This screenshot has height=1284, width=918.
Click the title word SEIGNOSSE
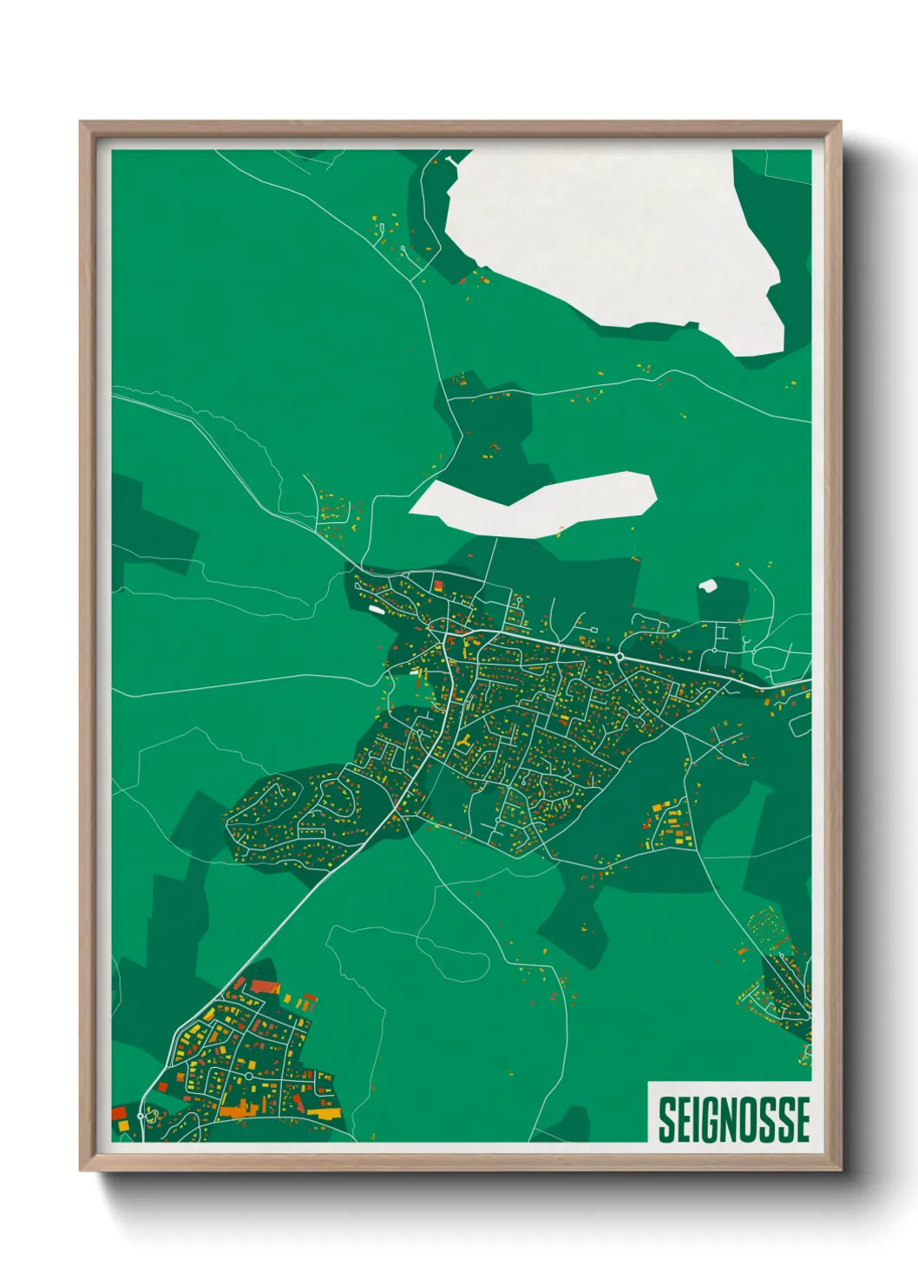pyautogui.click(x=733, y=1119)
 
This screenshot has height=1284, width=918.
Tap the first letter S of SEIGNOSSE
pyautogui.click(x=666, y=1119)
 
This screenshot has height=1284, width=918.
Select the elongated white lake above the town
pyautogui.click(x=538, y=503)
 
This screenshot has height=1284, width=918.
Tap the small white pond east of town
pyautogui.click(x=708, y=586)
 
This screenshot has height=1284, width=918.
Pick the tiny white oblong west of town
pyautogui.click(x=376, y=609)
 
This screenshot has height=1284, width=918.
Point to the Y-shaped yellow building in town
pyautogui.click(x=466, y=740)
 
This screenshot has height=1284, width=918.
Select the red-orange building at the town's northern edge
pyautogui.click(x=439, y=586)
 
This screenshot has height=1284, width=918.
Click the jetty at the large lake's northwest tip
pyautogui.click(x=452, y=160)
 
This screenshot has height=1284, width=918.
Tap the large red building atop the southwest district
pyautogui.click(x=263, y=986)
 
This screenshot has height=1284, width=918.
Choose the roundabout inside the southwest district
pyautogui.click(x=249, y=1076)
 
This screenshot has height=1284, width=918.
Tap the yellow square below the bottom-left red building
pyautogui.click(x=122, y=1126)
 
